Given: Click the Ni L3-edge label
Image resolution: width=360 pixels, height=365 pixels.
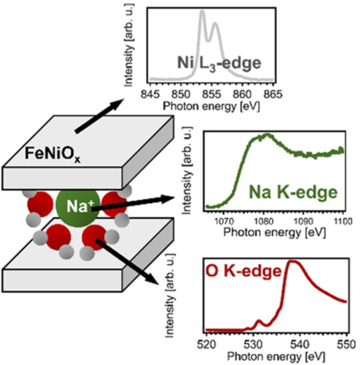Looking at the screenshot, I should (x=219, y=63).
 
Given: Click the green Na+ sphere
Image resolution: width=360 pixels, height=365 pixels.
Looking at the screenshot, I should (x=76, y=206).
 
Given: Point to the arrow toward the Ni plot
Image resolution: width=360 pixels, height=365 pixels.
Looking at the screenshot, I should (x=98, y=115).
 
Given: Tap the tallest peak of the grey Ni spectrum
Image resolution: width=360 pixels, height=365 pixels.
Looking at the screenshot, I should (x=202, y=12).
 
